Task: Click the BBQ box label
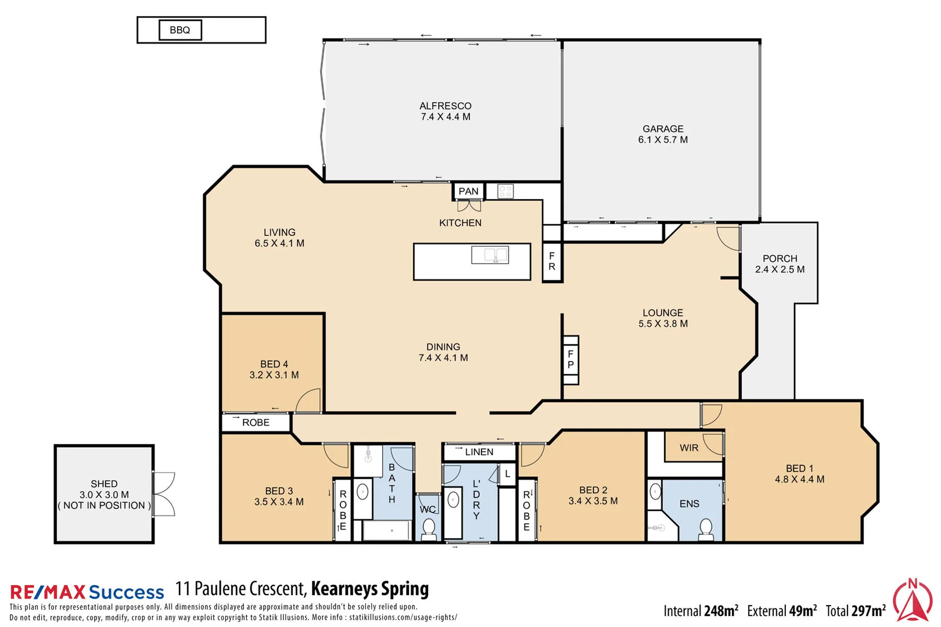180,30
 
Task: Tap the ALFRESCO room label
446,106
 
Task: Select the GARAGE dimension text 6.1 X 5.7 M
663,140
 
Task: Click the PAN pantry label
468,191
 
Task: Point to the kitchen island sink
490,254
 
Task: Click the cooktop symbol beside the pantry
505,191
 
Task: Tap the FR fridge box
552,261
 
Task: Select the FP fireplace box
570,359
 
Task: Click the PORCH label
780,258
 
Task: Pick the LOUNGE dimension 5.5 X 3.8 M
663,324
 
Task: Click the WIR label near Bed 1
689,448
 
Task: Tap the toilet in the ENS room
706,529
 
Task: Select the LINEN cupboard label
479,452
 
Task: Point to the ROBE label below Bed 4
256,423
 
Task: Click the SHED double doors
164,494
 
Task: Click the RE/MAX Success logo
87,592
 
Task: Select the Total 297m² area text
856,611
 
